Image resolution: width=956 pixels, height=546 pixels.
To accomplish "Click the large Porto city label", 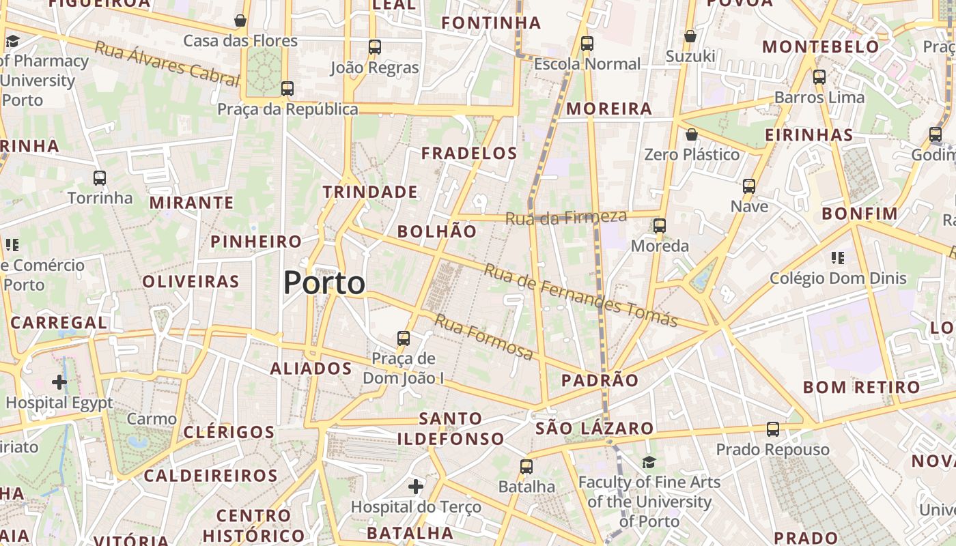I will click(324, 283).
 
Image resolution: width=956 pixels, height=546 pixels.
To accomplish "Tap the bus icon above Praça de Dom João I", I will click(404, 338).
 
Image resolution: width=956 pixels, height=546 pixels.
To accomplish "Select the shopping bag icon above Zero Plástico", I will click(692, 134).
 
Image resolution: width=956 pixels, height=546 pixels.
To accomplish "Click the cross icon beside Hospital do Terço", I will click(415, 487).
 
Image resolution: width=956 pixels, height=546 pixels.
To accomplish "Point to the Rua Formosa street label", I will click(484, 337).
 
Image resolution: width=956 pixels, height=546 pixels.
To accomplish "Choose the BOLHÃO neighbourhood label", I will click(437, 231).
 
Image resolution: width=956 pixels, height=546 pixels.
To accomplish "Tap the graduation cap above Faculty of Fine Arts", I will click(649, 463).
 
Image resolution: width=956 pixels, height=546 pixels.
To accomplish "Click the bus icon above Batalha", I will click(526, 467).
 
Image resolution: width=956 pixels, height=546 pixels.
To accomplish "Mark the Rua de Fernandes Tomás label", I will click(580, 295).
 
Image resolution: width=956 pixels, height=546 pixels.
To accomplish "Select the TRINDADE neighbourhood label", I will click(370, 192).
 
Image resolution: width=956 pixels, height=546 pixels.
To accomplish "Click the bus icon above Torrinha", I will click(100, 178).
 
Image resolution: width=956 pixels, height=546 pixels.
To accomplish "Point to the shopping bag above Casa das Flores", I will click(240, 20).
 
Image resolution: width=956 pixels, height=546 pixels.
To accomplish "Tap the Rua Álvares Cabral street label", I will click(167, 66).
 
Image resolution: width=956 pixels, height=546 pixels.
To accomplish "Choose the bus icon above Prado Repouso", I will click(772, 429).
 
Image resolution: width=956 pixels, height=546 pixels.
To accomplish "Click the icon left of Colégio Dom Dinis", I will click(838, 258).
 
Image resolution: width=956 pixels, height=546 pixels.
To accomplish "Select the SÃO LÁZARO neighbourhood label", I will click(595, 429).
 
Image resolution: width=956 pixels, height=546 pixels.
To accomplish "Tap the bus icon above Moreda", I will click(660, 225).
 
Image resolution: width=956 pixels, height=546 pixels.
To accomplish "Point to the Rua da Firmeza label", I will click(565, 218).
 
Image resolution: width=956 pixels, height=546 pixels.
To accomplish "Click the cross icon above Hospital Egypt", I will click(59, 382).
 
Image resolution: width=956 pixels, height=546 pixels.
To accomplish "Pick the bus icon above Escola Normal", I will click(587, 44).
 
